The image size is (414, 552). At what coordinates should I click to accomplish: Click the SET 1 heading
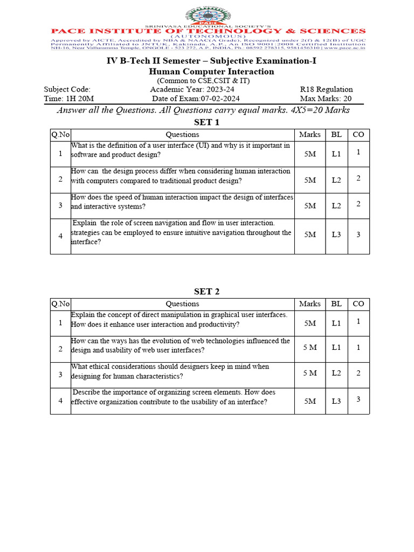point(207,122)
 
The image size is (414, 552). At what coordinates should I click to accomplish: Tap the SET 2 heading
point(207,292)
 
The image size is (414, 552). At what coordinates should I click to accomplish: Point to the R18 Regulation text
point(326,89)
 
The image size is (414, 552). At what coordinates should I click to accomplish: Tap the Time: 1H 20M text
point(68,99)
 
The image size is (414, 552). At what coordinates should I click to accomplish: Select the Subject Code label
point(67,89)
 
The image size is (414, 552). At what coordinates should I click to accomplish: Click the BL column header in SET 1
point(336,135)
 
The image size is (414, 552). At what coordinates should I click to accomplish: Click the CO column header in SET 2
point(358,304)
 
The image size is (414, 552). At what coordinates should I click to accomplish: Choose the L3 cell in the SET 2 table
point(336,401)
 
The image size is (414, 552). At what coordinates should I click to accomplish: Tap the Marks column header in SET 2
point(309,304)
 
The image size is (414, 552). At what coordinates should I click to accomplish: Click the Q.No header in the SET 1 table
point(60,135)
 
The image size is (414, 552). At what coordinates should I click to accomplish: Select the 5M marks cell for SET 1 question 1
point(310,154)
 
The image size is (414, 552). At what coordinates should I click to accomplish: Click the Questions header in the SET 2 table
point(182,304)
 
